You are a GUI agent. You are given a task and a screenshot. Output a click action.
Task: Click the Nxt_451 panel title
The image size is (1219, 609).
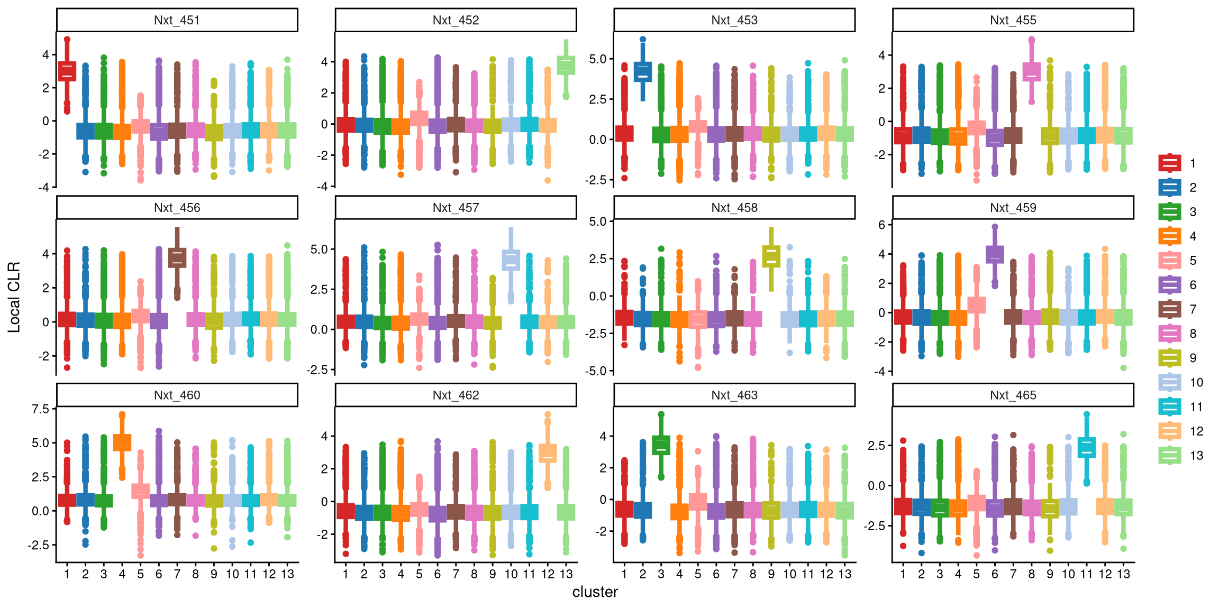point(177,20)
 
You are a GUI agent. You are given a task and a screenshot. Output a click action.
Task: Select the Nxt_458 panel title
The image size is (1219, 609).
point(734,208)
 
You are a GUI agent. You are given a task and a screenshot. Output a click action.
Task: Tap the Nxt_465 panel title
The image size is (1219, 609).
point(1013,395)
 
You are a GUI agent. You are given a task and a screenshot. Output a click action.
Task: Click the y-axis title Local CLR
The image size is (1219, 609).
point(14,297)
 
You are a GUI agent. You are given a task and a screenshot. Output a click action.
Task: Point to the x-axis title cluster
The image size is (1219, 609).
point(595,592)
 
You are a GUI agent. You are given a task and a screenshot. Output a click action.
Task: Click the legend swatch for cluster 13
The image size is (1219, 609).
point(1170,455)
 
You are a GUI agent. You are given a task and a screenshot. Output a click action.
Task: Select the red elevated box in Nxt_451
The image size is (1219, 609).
point(67,71)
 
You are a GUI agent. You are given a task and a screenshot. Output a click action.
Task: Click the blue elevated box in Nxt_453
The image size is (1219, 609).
point(643,71)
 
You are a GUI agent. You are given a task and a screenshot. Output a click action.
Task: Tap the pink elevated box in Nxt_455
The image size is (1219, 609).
point(1031,72)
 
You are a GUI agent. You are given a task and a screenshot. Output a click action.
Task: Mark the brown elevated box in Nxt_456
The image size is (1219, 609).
point(177,257)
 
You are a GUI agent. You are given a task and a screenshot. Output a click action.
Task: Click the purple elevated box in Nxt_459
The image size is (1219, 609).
point(995,254)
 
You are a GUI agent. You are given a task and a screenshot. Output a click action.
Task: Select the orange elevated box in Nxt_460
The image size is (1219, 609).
point(122,442)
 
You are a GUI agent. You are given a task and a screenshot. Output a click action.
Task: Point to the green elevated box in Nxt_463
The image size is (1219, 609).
point(661,445)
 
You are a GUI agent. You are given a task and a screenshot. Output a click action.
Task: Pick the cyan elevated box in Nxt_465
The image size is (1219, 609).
point(1086,447)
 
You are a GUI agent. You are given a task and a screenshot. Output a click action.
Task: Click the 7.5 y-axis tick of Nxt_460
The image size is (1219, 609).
point(40,409)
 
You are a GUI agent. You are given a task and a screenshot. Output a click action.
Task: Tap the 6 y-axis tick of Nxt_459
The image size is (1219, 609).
point(881,225)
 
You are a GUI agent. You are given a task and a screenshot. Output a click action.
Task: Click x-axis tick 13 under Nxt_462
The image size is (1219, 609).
point(566,574)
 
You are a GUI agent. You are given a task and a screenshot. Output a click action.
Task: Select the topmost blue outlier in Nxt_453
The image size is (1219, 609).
point(643,39)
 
